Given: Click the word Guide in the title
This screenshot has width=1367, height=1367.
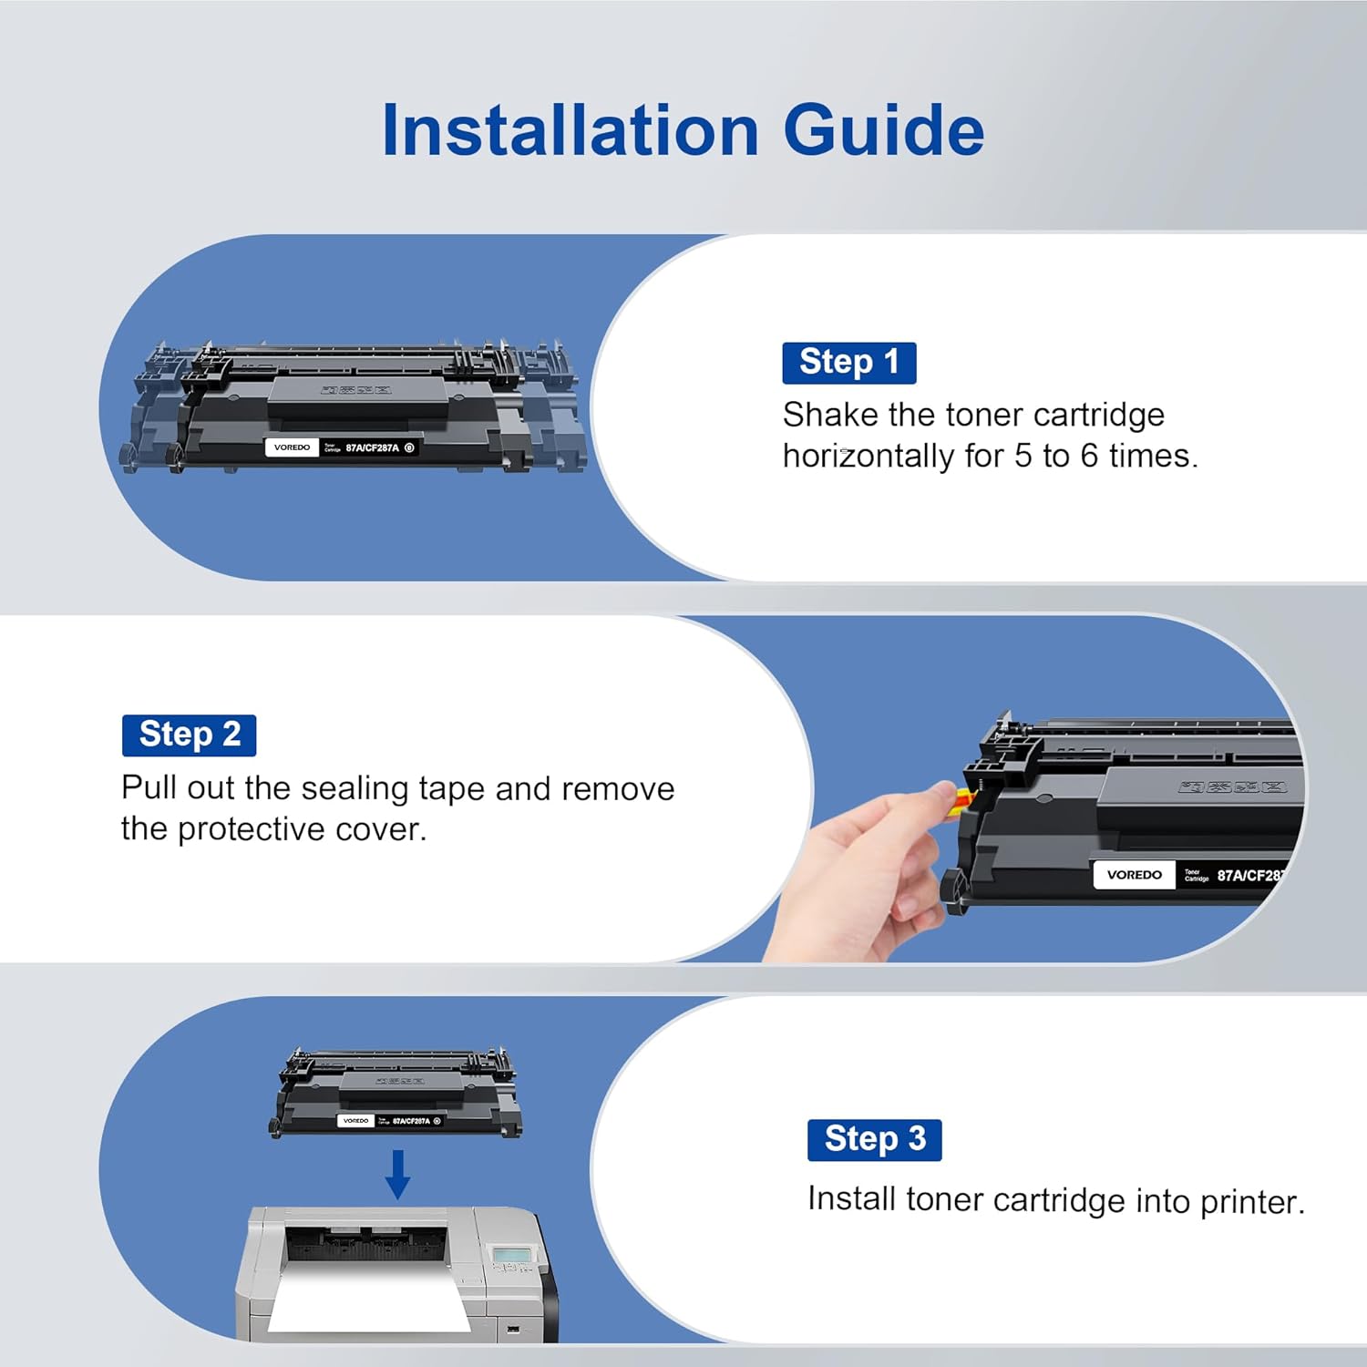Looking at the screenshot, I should point(883,130).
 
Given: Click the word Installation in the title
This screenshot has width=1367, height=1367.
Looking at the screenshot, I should point(570,130).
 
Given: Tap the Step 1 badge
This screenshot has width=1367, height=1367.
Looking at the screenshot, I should point(848,363).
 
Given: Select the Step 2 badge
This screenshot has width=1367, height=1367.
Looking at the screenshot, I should point(189,735).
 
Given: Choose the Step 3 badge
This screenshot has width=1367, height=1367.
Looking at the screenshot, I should point(874,1139).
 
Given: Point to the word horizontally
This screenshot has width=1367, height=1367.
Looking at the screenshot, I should point(867,456).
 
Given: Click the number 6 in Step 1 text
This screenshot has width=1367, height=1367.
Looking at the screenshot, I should point(1089,456).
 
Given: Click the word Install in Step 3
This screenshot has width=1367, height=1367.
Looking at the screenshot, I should point(851,1198).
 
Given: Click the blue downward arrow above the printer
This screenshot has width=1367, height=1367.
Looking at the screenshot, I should point(397,1174).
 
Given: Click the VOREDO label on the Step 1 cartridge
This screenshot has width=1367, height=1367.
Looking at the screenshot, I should point(292,447).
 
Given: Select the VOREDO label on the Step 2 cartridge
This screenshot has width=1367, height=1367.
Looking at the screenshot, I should point(1134,875).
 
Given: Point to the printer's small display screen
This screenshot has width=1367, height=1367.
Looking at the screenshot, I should point(511,1257).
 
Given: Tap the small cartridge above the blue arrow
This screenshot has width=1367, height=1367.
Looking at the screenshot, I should point(396,1094).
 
